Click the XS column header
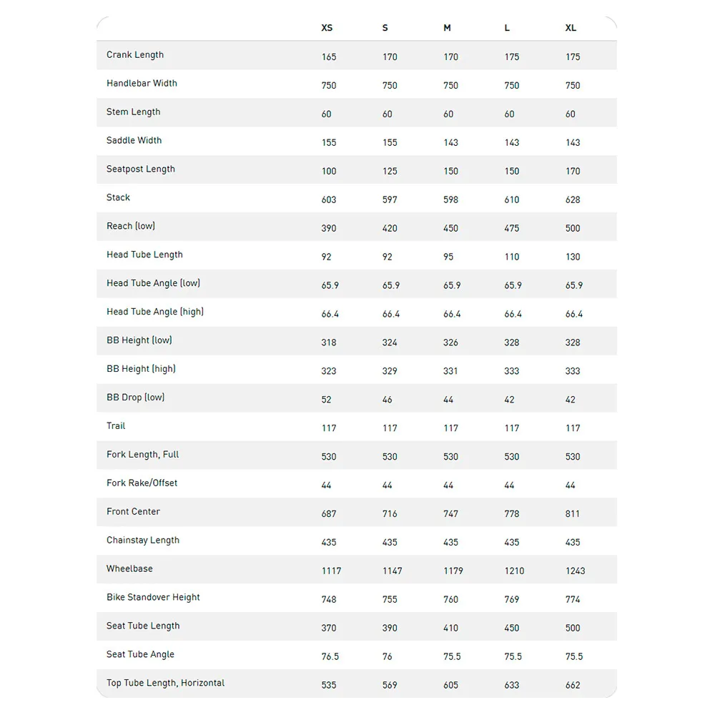point(327,28)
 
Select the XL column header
point(571,28)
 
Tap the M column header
point(447,28)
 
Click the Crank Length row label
point(135,55)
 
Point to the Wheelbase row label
point(129,569)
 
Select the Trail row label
point(116,426)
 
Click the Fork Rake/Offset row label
point(142,483)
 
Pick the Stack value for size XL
point(573,199)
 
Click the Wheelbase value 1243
point(575,571)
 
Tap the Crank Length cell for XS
point(329,56)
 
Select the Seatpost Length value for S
point(390,171)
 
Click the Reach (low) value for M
point(450,228)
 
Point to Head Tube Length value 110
point(512,257)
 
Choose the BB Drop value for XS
point(326,400)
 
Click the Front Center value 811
point(573,513)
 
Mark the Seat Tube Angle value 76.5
point(330,656)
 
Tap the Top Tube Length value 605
point(450,685)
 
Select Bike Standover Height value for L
point(512,599)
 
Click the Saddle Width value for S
point(390,142)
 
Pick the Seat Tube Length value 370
point(329,628)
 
